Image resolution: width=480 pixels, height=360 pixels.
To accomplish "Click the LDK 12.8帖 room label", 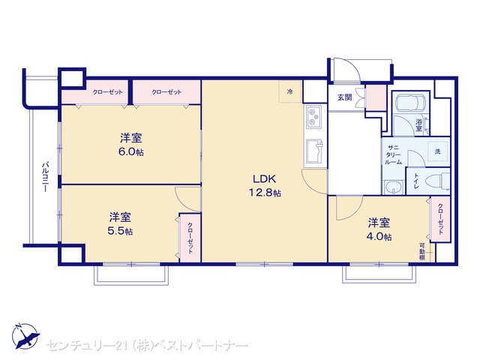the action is pyautogui.click(x=265, y=185).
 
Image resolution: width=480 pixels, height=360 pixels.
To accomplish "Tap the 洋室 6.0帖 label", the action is pyautogui.click(x=131, y=145).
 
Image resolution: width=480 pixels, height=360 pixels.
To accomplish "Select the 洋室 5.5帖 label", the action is pyautogui.click(x=120, y=223).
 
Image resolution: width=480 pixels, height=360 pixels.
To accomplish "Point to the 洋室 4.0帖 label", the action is pyautogui.click(x=379, y=229).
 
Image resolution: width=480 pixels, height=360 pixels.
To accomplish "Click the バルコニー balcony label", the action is pyautogui.click(x=45, y=177).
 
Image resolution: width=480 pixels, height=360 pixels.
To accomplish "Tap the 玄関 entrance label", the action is pyautogui.click(x=344, y=97).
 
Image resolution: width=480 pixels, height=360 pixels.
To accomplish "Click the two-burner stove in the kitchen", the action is pyautogui.click(x=313, y=117).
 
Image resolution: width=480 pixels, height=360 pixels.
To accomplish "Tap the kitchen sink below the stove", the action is pyautogui.click(x=313, y=151).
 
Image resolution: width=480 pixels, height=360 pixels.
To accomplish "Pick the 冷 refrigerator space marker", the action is pyautogui.click(x=289, y=91).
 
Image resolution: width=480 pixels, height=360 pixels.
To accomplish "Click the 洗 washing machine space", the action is pyautogui.click(x=438, y=151).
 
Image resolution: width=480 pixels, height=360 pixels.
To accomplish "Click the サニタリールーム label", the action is pyautogui.click(x=393, y=155).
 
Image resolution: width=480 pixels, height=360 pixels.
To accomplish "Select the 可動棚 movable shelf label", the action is pyautogui.click(x=422, y=252).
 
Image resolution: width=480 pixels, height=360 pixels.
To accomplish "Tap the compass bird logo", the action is pyautogui.click(x=25, y=335).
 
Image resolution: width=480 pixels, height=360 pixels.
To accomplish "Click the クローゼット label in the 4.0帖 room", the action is pyautogui.click(x=440, y=219).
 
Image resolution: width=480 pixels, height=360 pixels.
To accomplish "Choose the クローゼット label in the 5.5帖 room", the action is pyautogui.click(x=190, y=238).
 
